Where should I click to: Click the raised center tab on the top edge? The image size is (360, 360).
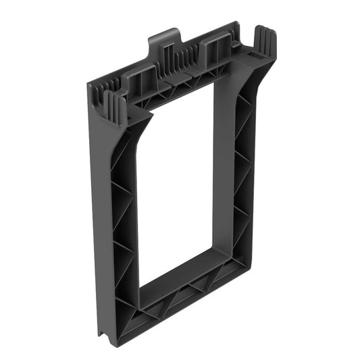click(x=164, y=36)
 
